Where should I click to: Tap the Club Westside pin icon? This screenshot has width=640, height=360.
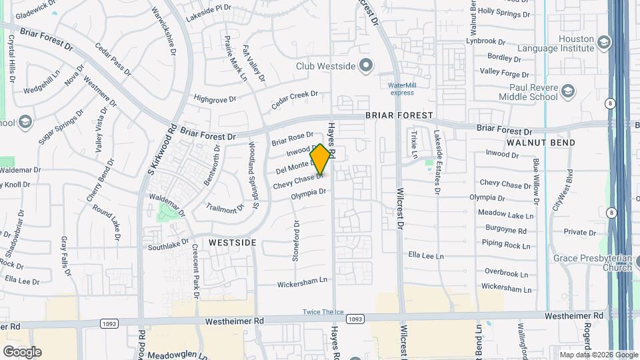coord(365,65)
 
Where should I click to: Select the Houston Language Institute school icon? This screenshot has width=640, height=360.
coord(604,43)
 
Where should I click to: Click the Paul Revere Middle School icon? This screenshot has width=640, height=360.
coord(568,91)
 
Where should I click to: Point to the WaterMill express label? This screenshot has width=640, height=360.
coord(401,89)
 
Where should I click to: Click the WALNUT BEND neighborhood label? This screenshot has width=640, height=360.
coord(540,143)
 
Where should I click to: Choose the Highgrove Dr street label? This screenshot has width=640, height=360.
coord(215,99)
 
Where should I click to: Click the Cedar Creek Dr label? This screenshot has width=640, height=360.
coord(294,100)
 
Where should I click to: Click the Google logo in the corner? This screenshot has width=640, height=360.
coord(22,352)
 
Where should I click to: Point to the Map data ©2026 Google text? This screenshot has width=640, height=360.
coord(598,355)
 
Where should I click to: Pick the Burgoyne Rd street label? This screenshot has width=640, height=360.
coord(504,231)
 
